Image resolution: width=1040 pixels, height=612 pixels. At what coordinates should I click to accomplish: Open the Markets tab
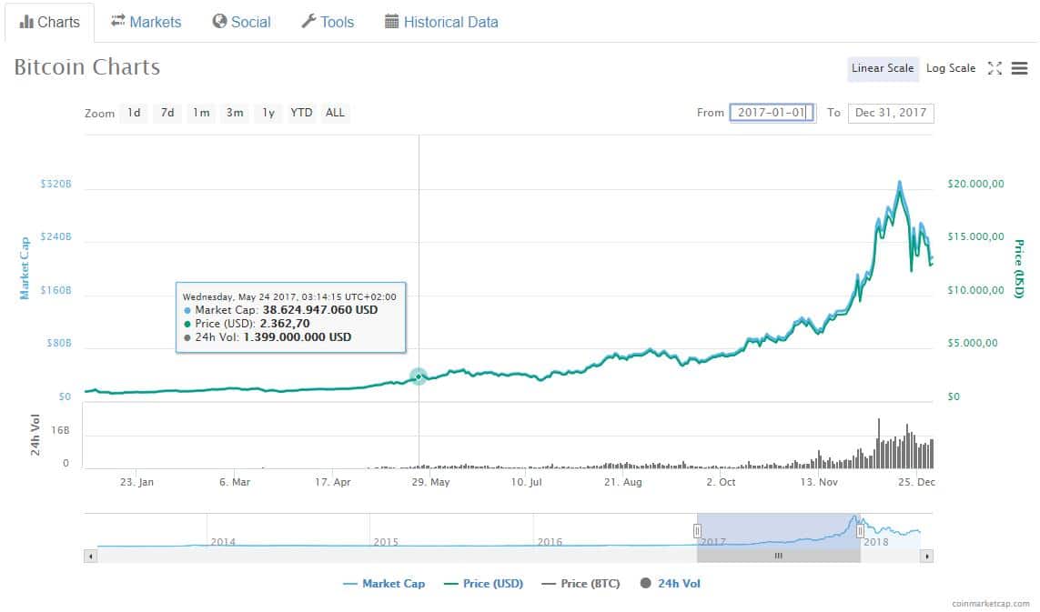pos(146,22)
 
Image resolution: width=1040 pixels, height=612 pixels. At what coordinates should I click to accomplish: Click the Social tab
pos(241,22)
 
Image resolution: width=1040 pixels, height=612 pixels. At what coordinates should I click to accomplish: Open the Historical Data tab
pos(441,22)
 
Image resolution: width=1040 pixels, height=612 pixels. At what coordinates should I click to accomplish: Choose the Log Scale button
pos(950,68)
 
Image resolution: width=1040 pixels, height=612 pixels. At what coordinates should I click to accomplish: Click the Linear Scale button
pos(882,68)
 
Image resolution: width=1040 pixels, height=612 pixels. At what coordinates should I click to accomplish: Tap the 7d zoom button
pos(167,113)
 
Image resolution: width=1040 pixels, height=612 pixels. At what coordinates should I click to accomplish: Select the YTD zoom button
pos(301,113)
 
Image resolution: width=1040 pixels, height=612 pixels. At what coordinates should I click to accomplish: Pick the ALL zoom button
pos(335,113)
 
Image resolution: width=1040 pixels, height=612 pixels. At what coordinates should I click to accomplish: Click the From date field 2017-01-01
pos(772,113)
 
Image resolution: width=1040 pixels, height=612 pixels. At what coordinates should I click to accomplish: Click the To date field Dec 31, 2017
pos(890,113)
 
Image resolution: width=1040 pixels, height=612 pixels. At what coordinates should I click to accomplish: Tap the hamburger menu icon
pos(1019,68)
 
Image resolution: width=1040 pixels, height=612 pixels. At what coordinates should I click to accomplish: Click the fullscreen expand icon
pos(995,68)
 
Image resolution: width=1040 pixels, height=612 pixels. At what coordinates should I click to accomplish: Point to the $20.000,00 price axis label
pos(975,184)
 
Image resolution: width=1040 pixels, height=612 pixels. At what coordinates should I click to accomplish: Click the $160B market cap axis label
pos(56,291)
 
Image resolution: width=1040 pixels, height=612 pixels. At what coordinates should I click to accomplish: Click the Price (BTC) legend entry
pos(581,583)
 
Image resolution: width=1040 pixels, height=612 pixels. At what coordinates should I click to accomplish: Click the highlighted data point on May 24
pos(419,376)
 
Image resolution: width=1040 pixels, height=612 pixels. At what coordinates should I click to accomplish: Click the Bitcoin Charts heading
pos(87,67)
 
